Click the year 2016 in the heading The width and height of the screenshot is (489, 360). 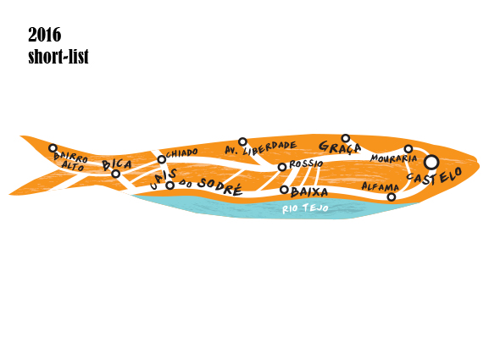[x=45, y=35]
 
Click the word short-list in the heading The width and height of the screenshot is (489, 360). [x=58, y=57]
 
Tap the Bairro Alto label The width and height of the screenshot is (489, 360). [x=71, y=161]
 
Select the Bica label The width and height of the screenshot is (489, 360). [x=117, y=164]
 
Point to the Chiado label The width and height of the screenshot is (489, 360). [x=182, y=152]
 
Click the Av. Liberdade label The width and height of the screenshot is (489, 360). [x=261, y=148]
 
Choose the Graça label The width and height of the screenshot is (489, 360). [x=340, y=147]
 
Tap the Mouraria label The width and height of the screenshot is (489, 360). [x=393, y=158]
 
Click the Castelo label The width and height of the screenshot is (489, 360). [x=435, y=177]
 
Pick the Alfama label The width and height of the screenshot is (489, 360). [x=381, y=186]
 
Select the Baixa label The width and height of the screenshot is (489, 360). [x=309, y=192]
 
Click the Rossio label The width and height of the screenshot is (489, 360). [x=306, y=164]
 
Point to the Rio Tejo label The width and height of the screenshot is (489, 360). [x=305, y=208]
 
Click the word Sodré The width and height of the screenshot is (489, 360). [x=220, y=186]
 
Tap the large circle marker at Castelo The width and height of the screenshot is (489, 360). [x=431, y=163]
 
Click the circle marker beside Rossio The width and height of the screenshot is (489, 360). [x=282, y=167]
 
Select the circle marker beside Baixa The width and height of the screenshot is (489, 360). [x=284, y=189]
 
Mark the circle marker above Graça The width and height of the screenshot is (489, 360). [x=346, y=138]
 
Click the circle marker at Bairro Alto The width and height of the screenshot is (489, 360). [x=53, y=148]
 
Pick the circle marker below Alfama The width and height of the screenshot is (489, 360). [x=392, y=197]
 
